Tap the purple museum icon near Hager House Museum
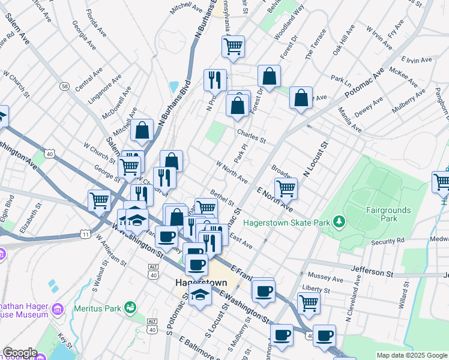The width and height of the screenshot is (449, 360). [58, 309]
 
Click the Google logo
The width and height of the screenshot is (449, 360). [20, 353]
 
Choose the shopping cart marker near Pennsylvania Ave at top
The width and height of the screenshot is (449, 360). [233, 46]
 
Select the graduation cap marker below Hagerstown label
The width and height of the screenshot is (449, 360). [200, 295]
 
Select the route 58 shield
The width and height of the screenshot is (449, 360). [64, 86]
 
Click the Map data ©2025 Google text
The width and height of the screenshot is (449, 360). [411, 355]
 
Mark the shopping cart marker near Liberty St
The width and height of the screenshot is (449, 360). [309, 302]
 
